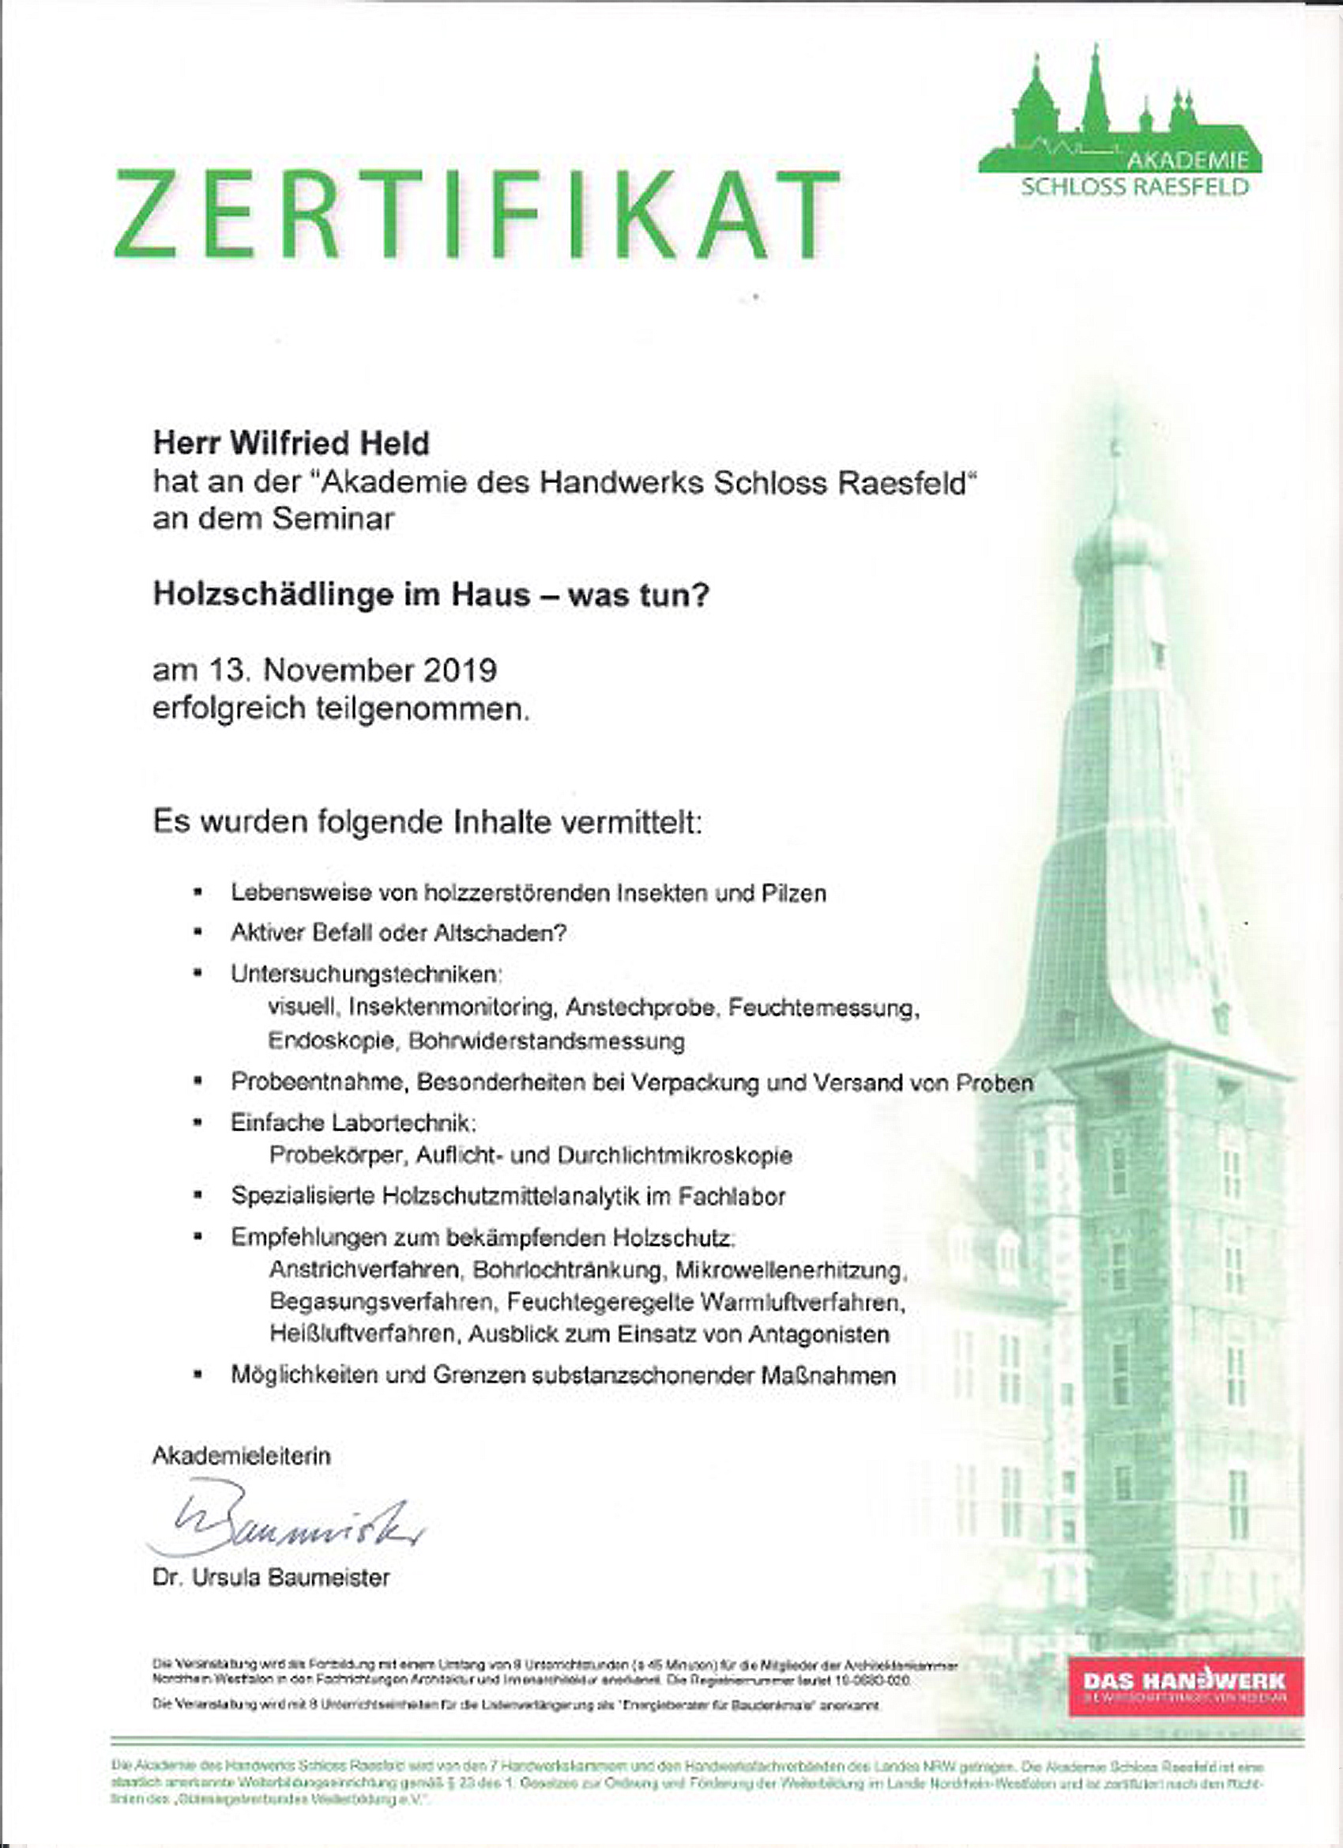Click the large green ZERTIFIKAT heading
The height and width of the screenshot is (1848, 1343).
477,213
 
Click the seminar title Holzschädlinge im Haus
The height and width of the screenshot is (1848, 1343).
431,595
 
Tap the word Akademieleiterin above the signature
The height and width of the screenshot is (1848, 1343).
242,1456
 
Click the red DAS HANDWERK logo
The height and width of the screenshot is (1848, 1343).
1184,1685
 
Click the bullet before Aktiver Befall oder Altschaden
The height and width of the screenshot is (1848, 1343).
197,933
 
